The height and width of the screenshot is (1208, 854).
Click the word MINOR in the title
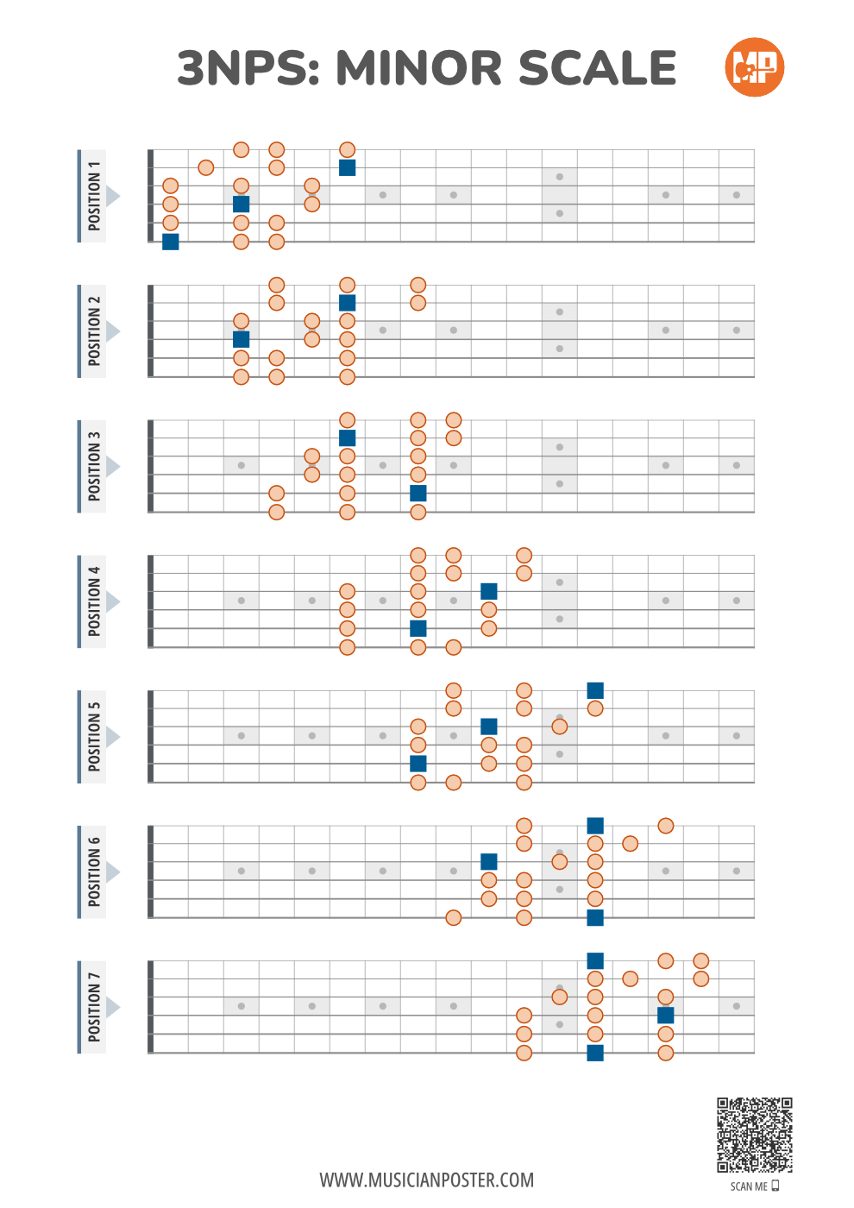418,68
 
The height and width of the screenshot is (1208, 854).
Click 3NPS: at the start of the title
248,68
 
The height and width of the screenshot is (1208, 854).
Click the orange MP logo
755,67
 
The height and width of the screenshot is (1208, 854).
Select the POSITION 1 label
93,196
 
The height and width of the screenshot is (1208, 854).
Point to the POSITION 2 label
93,331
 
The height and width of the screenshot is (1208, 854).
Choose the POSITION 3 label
93,467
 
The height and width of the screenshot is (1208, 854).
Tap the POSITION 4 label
93,601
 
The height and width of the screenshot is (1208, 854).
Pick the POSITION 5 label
93,737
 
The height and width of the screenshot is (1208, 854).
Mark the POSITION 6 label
93,872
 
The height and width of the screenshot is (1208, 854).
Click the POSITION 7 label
93,1007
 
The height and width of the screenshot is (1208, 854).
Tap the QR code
755,1135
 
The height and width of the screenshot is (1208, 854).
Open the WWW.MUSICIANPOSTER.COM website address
427,1180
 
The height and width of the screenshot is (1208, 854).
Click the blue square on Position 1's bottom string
171,242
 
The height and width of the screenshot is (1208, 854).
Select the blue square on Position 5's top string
595,690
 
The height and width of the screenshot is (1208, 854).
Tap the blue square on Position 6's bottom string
595,917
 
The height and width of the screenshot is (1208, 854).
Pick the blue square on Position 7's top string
595,961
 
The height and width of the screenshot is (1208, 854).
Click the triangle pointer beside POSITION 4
113,601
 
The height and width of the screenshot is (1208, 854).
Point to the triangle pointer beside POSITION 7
113,1007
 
